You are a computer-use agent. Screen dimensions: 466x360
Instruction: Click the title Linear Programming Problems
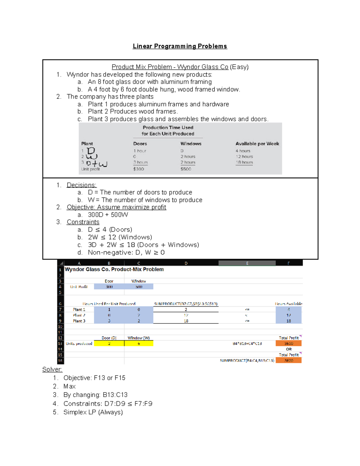click(x=180, y=46)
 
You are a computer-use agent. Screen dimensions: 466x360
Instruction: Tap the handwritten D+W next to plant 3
click(x=96, y=164)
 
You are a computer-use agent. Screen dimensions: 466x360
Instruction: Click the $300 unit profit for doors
click(x=139, y=169)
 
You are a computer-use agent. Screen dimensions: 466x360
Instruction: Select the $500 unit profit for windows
click(x=186, y=169)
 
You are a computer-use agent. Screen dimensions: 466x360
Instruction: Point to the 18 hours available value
click(x=244, y=162)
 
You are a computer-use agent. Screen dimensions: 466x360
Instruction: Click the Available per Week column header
click(x=257, y=144)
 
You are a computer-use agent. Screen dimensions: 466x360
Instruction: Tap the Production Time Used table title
click(x=168, y=131)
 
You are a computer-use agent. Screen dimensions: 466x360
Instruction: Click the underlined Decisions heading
click(x=81, y=185)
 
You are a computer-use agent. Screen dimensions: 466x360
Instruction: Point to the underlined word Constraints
click(x=83, y=222)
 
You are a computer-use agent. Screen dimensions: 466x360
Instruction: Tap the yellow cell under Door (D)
click(x=109, y=344)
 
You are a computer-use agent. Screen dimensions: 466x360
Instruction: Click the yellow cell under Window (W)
click(x=139, y=344)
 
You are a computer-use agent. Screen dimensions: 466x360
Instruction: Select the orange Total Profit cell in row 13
click(x=288, y=344)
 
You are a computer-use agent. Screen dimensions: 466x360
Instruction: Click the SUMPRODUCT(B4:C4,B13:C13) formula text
click(x=247, y=361)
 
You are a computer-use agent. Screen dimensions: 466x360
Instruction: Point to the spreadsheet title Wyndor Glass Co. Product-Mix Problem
click(x=114, y=269)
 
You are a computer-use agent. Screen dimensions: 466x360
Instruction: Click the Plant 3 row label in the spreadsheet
click(x=79, y=321)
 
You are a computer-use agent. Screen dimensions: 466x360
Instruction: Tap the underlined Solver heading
click(x=52, y=369)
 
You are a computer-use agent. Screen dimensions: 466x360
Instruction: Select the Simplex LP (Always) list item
click(x=93, y=412)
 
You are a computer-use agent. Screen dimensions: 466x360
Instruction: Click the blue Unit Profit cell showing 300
click(x=109, y=287)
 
